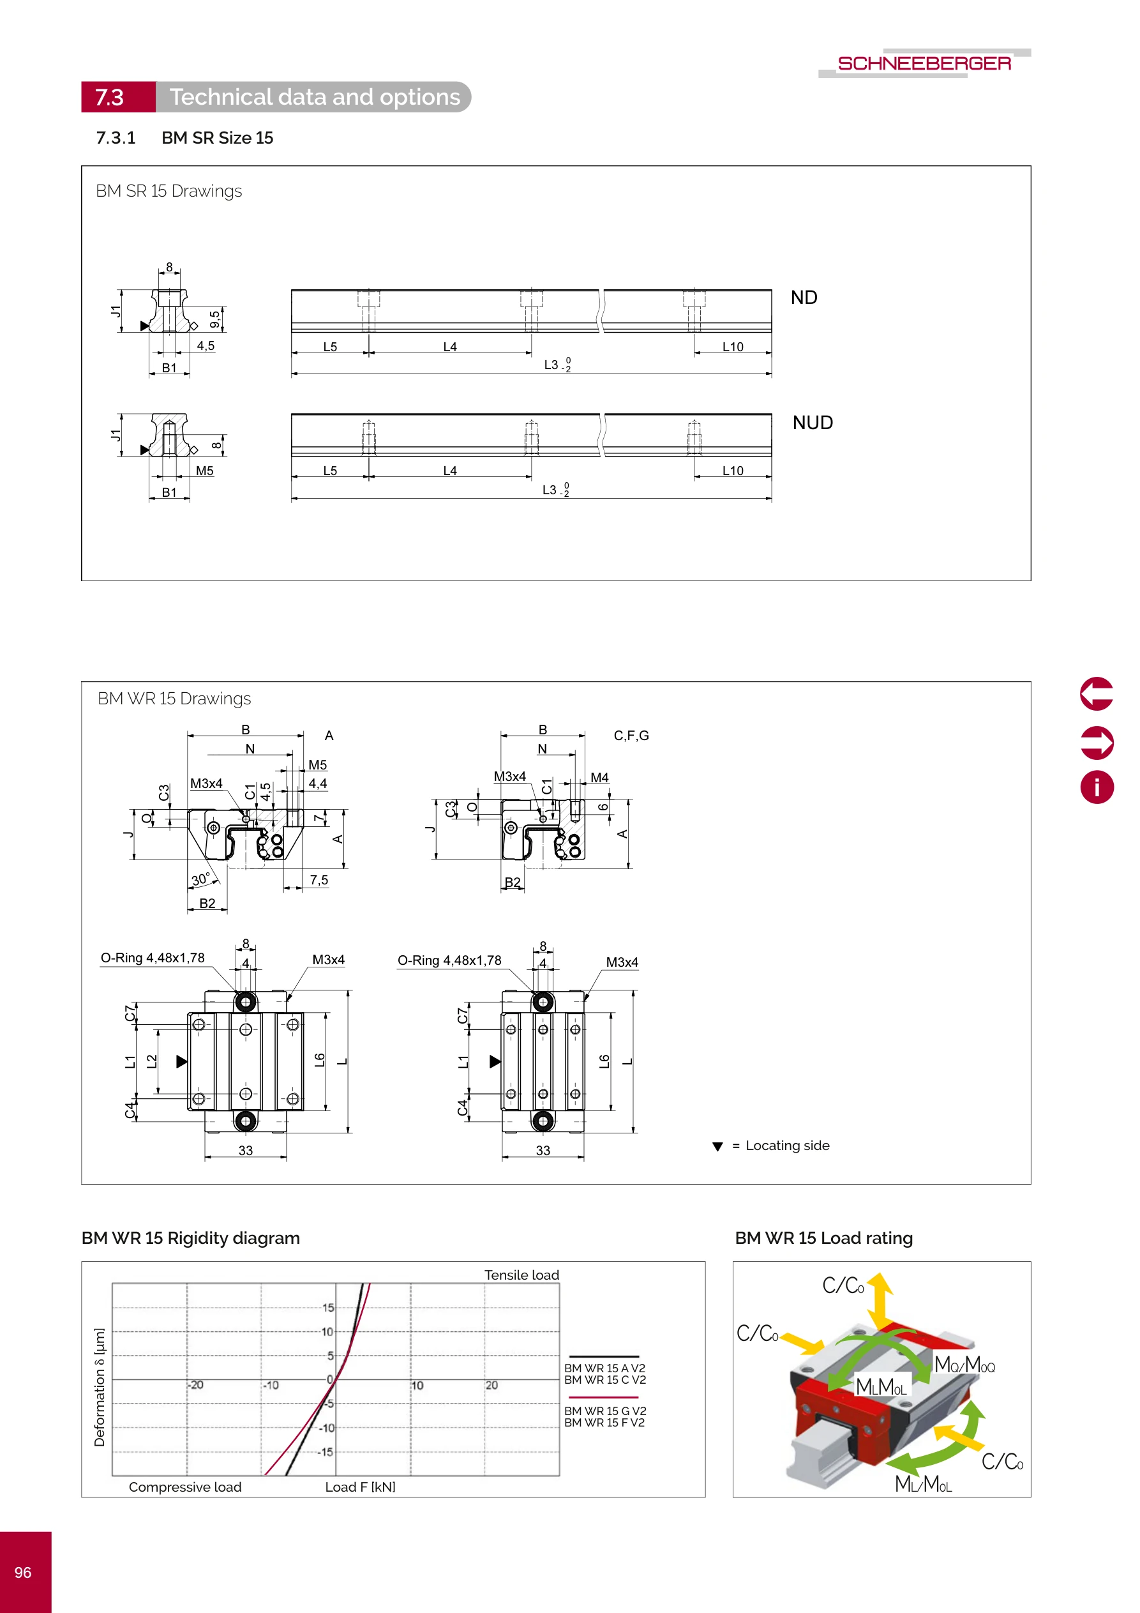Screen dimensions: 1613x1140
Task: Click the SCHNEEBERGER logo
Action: pyautogui.click(x=924, y=63)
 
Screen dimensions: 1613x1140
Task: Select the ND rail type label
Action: pyautogui.click(x=804, y=297)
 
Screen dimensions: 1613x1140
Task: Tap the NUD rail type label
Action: pyautogui.click(x=812, y=422)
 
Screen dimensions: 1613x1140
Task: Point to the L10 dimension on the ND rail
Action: pyautogui.click(x=732, y=346)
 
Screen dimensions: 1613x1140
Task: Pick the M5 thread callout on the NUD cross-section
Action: pyautogui.click(x=204, y=471)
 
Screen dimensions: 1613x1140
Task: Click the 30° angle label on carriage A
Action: pyautogui.click(x=201, y=879)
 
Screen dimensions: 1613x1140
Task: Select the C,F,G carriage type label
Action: pyautogui.click(x=631, y=736)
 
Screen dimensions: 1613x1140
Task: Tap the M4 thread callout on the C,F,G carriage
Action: pyautogui.click(x=599, y=777)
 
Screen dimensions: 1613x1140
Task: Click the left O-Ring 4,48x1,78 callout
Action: pyautogui.click(x=153, y=958)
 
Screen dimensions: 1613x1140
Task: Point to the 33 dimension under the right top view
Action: pyautogui.click(x=543, y=1150)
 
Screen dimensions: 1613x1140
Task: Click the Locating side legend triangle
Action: pyautogui.click(x=717, y=1146)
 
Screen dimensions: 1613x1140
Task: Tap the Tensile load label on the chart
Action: pyautogui.click(x=521, y=1275)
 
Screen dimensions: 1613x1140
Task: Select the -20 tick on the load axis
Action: pyautogui.click(x=196, y=1384)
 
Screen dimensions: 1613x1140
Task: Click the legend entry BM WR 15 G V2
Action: pyautogui.click(x=604, y=1411)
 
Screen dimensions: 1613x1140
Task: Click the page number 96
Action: pyautogui.click(x=23, y=1572)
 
